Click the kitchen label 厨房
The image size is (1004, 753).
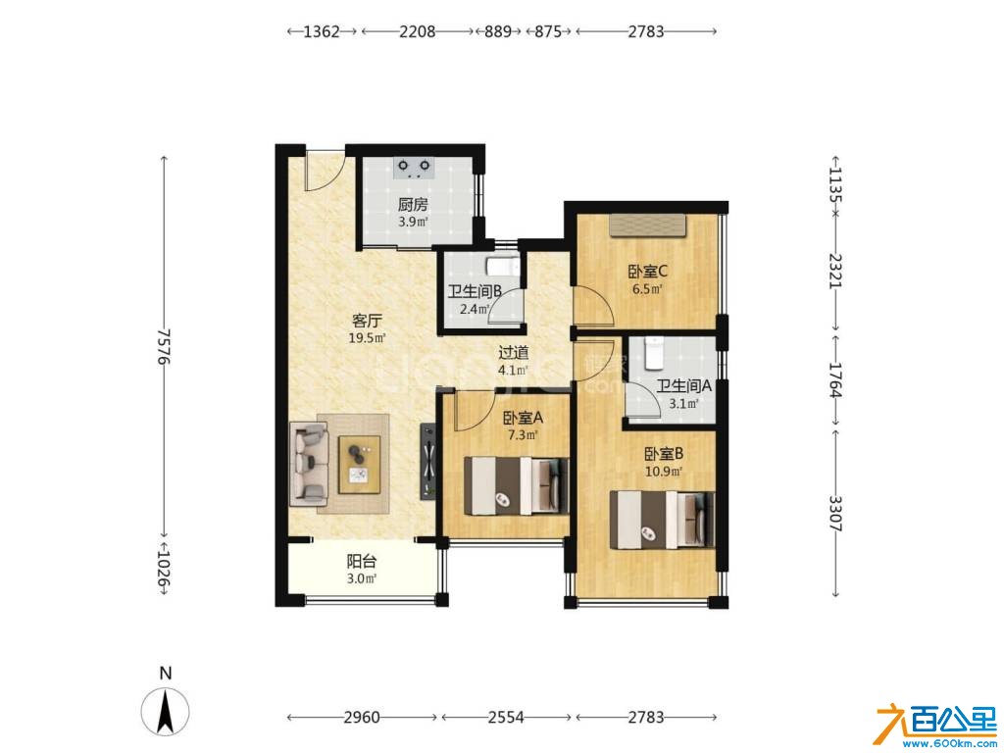(413, 205)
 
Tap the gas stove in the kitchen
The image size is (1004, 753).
(414, 168)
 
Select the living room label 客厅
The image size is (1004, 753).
(368, 321)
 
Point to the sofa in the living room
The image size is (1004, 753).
(311, 463)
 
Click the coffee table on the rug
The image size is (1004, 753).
(359, 465)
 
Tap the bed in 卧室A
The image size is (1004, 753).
(516, 485)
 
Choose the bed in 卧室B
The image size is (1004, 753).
(662, 520)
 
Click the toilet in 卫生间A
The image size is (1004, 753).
(654, 353)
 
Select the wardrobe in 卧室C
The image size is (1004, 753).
(647, 226)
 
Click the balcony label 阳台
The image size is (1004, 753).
(361, 562)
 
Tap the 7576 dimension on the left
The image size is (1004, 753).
(165, 346)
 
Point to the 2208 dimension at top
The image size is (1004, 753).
(418, 31)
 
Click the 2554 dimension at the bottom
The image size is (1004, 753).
(506, 717)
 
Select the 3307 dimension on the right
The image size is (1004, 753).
(835, 514)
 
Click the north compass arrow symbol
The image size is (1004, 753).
(165, 712)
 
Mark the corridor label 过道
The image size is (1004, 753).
(514, 353)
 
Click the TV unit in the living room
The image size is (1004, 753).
(427, 461)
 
